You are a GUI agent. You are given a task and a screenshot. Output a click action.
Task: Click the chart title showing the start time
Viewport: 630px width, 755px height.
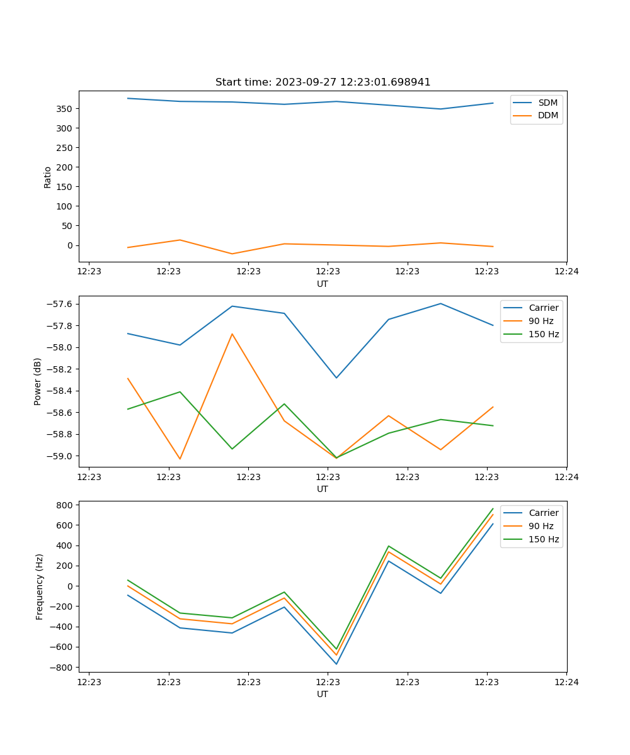pos(323,82)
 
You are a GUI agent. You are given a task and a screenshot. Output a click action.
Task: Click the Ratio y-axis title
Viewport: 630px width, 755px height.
pos(48,177)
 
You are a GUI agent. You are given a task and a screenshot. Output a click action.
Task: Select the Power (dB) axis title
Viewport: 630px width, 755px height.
pos(38,381)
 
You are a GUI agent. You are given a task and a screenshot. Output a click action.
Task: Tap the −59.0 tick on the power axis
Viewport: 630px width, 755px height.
pos(60,456)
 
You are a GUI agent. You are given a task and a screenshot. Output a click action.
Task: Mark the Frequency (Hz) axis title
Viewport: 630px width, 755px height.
pos(40,586)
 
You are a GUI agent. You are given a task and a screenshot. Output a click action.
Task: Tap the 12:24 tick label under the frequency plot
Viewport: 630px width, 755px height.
pos(566,682)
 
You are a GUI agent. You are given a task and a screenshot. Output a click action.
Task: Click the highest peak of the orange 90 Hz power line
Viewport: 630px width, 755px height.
pos(232,334)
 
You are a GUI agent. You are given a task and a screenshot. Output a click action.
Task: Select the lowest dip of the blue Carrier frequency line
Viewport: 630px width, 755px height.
pos(336,664)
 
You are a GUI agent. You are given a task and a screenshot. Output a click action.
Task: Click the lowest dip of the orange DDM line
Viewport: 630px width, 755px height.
pos(232,254)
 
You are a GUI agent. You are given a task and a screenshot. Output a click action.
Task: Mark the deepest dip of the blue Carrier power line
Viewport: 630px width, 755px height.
pos(336,377)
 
